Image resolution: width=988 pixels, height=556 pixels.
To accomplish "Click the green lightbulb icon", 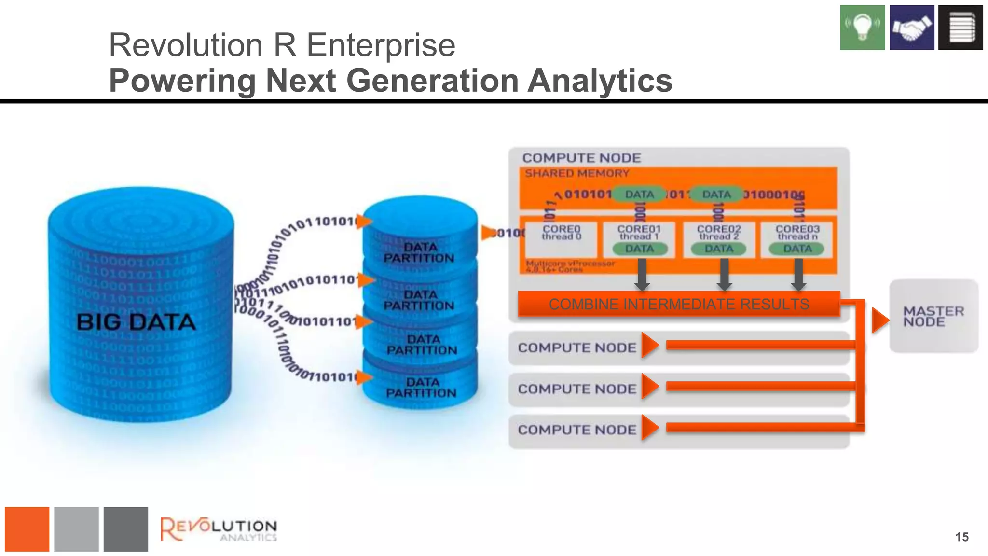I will pos(862,28).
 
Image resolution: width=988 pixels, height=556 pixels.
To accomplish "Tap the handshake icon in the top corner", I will pos(912,28).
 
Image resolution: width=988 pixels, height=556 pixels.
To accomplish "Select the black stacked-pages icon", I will pos(961,28).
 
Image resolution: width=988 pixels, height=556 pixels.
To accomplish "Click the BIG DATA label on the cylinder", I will pos(136,322).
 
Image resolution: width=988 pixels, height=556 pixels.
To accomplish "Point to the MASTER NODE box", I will pos(933,316).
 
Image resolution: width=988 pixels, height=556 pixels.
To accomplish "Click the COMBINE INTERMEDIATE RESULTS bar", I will pos(679,304).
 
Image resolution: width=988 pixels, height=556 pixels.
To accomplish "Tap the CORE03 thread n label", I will pos(797,233).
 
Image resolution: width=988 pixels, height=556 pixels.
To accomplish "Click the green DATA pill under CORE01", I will pos(640,249).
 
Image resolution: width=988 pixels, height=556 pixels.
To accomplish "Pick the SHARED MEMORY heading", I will pos(577,173).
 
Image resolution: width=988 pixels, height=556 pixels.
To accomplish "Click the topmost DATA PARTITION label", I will pos(419,252).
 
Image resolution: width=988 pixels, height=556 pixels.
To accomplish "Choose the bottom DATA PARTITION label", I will pos(421,388).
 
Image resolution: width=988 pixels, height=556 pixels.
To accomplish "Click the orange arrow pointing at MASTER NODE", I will pos(880,320).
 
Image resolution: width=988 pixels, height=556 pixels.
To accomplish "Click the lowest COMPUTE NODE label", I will pos(577,430).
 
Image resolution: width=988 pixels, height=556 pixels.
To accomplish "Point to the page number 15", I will pos(961,537).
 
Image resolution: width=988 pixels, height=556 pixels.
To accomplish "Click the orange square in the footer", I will pos(27,529).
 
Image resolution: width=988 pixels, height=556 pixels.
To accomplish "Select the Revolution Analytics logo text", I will pos(219,529).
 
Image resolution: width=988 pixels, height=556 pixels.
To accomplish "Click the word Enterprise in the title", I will pos(381,45).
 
